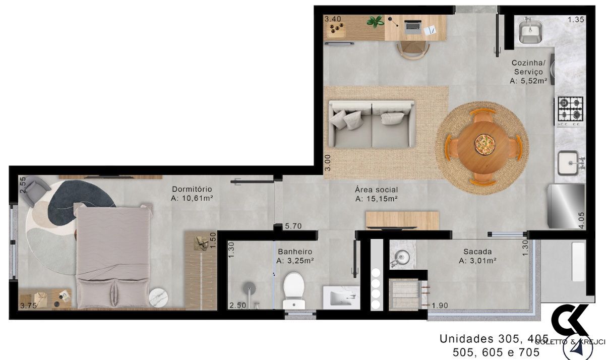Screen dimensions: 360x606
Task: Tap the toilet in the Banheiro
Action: point(293,290)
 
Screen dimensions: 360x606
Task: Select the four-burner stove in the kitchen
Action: point(570,110)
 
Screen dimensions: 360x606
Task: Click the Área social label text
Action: point(376,190)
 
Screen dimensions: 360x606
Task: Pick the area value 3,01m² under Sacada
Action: point(477,261)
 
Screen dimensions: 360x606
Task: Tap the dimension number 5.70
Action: point(293,226)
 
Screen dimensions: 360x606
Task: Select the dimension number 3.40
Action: point(333,19)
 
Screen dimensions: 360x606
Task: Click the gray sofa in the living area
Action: point(371,124)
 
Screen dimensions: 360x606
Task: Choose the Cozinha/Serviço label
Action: point(528,68)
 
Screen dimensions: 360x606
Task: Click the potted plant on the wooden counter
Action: point(375,22)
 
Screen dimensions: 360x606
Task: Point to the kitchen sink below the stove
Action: point(570,163)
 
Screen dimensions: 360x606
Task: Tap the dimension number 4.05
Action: point(581,220)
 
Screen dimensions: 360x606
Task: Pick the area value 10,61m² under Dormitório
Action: point(192,199)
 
